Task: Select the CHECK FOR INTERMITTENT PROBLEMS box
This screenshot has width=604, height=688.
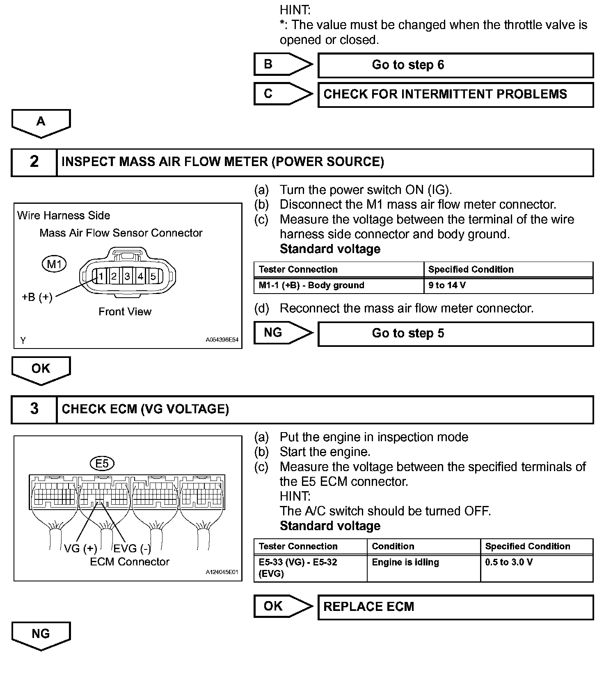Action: click(455, 95)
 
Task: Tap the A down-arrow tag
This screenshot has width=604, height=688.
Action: click(41, 123)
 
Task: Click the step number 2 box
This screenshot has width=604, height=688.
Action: click(34, 162)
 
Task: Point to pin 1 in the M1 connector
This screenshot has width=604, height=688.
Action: click(101, 276)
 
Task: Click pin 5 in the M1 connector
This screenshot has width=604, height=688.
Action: click(153, 276)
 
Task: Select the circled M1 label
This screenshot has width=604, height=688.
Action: click(54, 264)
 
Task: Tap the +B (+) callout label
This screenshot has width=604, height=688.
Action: click(37, 297)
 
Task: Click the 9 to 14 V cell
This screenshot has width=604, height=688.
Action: click(508, 285)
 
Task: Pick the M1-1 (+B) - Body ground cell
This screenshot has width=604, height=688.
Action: click(339, 285)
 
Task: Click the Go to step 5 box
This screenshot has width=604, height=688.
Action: click(455, 334)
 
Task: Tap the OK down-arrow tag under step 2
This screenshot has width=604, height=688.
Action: click(41, 369)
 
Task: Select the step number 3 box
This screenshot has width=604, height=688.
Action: click(34, 409)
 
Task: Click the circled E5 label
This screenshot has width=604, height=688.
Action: click(102, 464)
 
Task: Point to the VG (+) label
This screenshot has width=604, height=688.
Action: click(80, 549)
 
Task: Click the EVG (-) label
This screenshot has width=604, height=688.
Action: click(132, 549)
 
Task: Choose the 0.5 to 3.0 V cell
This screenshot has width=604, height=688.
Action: click(536, 568)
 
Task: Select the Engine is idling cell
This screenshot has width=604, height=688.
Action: click(423, 568)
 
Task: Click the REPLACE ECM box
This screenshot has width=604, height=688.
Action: click(455, 607)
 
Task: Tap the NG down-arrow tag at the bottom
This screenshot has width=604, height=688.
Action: click(41, 635)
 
